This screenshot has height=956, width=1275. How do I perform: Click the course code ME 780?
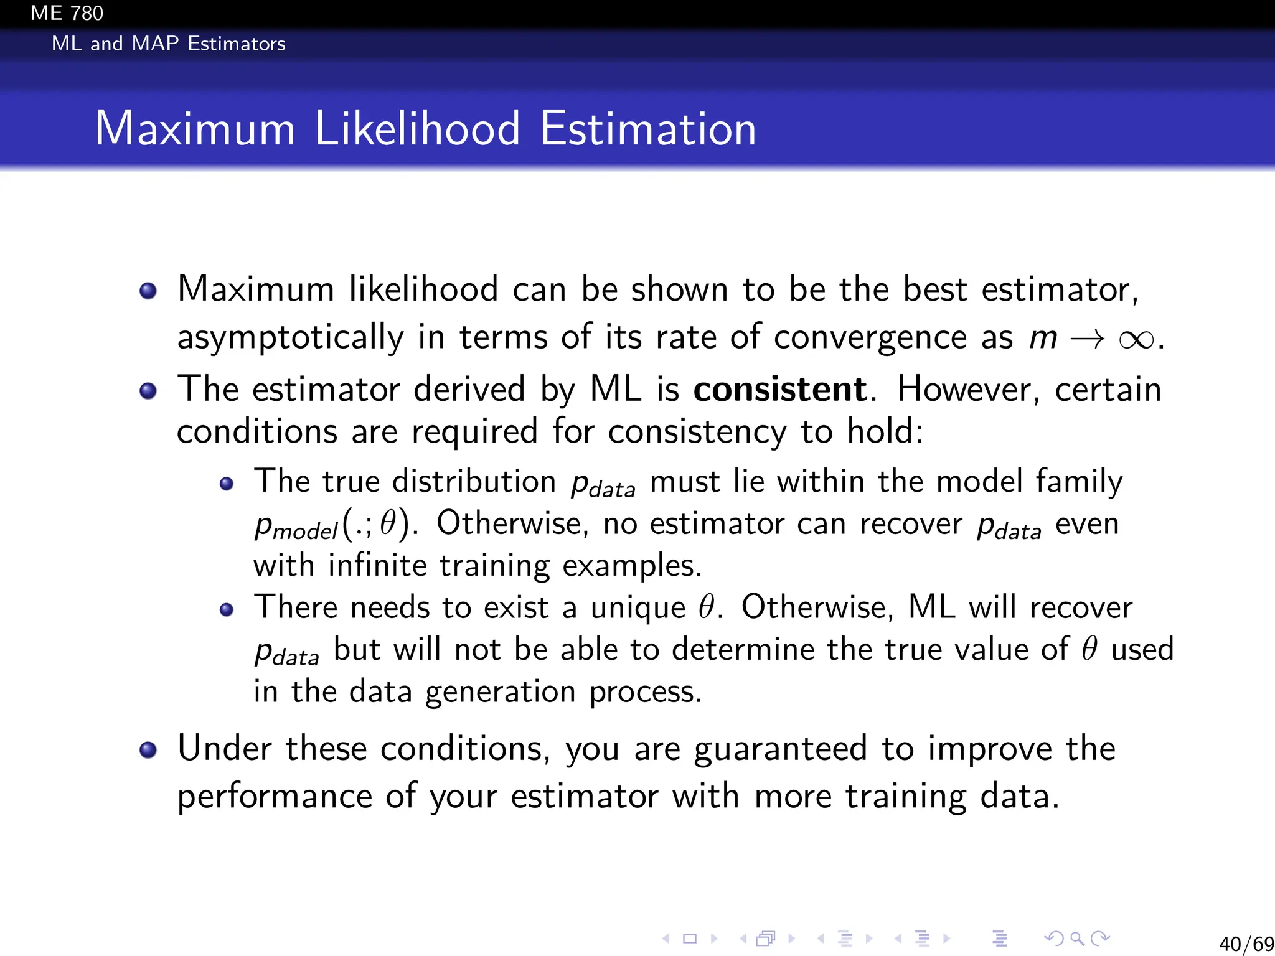point(67,13)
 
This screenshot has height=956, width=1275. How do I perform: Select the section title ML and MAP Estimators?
point(168,44)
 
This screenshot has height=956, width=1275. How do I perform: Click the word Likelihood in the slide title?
point(417,129)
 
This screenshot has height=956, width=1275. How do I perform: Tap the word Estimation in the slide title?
point(647,129)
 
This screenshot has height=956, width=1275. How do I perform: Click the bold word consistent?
point(779,390)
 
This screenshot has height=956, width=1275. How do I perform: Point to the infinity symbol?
point(1136,339)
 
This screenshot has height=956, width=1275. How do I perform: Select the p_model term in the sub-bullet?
point(296,526)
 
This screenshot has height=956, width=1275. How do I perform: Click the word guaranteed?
point(780,749)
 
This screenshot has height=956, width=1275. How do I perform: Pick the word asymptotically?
point(290,338)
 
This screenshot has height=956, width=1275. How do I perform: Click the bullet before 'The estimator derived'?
point(148,391)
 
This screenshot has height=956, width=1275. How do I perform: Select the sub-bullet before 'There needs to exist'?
point(227,609)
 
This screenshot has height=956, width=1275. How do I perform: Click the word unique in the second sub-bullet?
point(637,608)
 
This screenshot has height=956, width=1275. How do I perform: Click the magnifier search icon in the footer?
point(1077,939)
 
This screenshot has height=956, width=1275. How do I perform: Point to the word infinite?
point(377,566)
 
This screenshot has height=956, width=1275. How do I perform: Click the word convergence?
point(870,338)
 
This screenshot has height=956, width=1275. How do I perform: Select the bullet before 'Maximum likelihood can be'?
point(148,291)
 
